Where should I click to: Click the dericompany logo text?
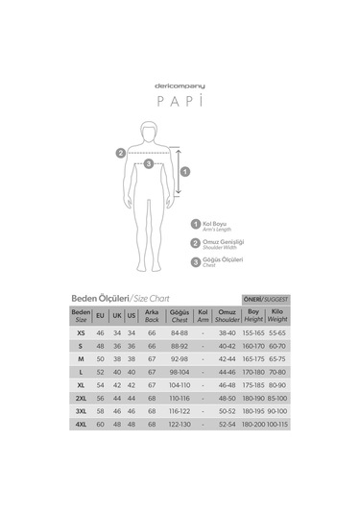(180, 86)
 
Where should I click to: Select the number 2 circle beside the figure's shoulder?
(120, 152)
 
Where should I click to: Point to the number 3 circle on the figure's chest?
(148, 163)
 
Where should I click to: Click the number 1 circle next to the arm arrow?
(185, 172)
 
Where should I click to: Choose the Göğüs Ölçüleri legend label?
(220, 261)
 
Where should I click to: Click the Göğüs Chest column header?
(178, 315)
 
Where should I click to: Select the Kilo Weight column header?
(277, 315)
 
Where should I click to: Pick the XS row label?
(81, 331)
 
